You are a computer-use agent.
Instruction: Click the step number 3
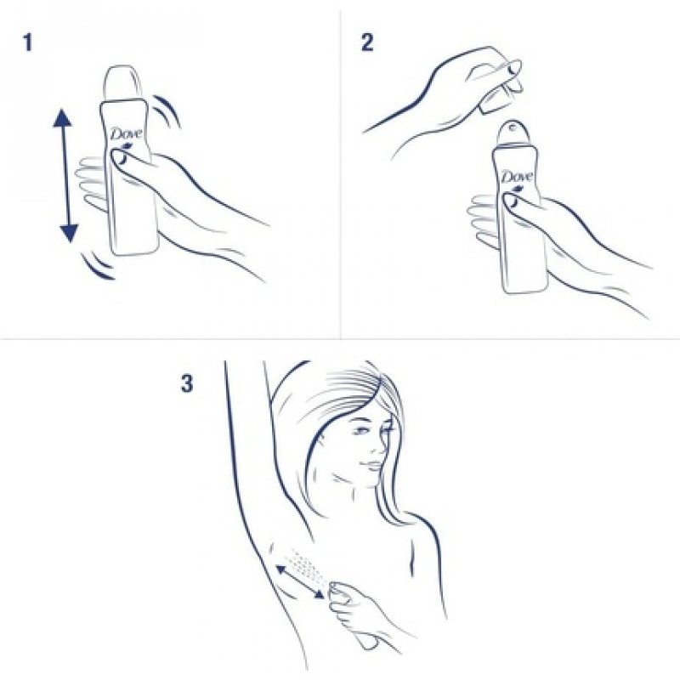pyautogui.click(x=186, y=383)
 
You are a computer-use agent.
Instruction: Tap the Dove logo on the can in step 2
pyautogui.click(x=516, y=177)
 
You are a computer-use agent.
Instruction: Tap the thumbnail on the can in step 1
pyautogui.click(x=119, y=156)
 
